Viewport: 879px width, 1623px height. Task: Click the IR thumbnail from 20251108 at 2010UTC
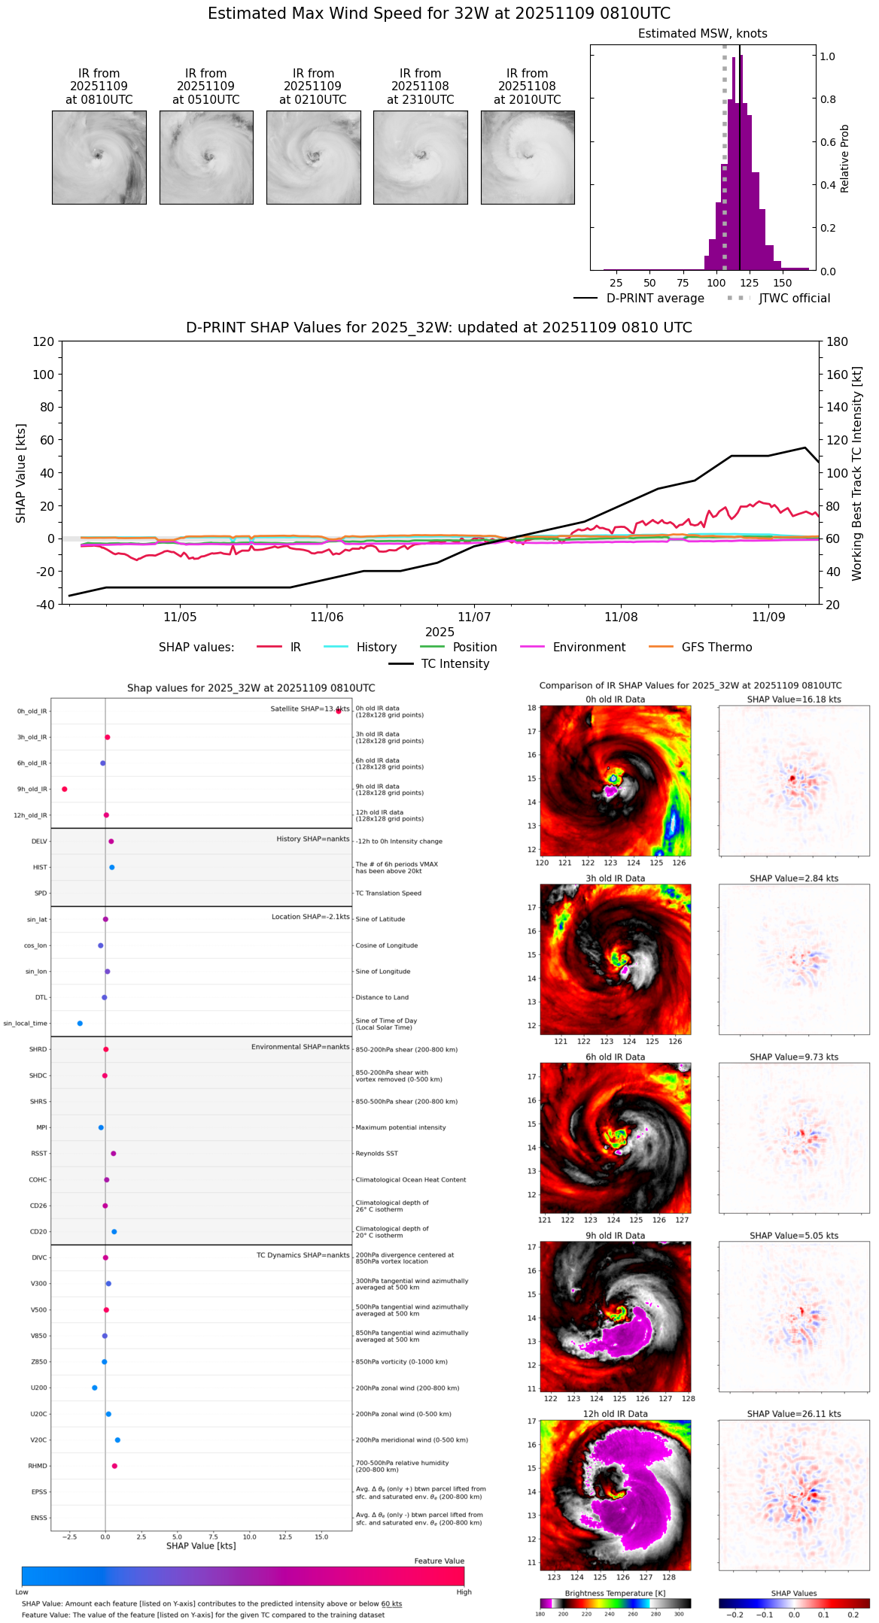tap(528, 157)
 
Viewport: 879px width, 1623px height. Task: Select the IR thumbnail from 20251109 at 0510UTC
tap(206, 157)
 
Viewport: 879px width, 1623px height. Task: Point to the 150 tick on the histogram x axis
tap(783, 283)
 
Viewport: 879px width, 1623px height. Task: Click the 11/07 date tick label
tap(474, 617)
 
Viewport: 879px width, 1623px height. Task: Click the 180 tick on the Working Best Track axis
tap(837, 341)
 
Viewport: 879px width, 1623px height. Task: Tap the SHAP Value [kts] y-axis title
tap(21, 473)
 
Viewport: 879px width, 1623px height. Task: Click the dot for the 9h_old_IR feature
tap(65, 789)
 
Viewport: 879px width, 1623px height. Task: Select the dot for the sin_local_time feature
tap(80, 1023)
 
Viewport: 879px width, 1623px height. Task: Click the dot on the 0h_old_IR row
tap(339, 711)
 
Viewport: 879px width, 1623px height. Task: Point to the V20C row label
tap(38, 1440)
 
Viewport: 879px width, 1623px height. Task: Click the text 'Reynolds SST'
tap(377, 1154)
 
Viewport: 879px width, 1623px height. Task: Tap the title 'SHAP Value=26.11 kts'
tap(794, 1414)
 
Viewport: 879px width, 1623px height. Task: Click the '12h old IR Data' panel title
tap(615, 1414)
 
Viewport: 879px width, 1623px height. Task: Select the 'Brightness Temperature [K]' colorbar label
tap(615, 1593)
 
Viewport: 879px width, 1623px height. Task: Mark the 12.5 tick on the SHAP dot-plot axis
tap(285, 1537)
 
